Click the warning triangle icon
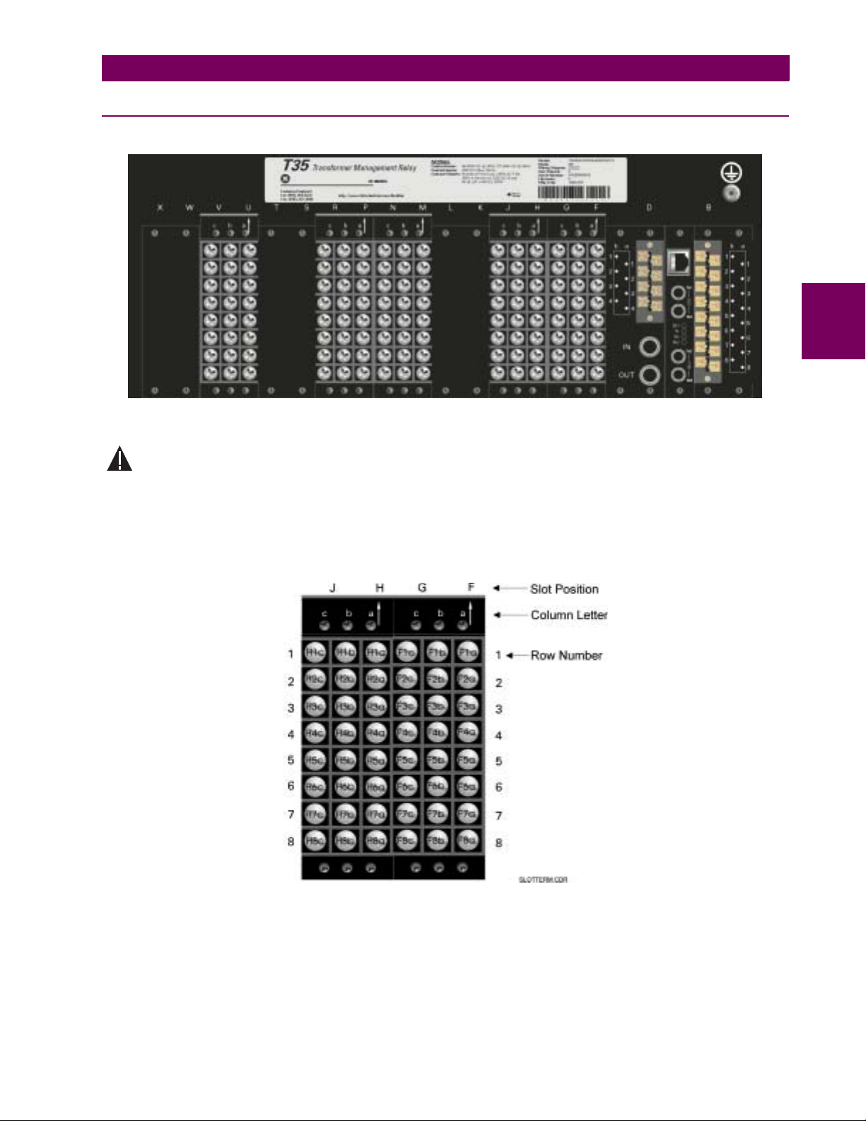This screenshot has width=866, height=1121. click(x=119, y=459)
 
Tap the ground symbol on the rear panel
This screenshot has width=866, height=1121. click(x=730, y=173)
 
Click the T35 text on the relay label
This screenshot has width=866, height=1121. click(x=296, y=165)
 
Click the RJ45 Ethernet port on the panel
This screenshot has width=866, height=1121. click(x=679, y=262)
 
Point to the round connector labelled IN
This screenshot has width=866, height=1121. click(x=649, y=347)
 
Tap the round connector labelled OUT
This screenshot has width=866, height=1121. click(x=649, y=374)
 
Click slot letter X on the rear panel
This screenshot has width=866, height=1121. click(x=160, y=207)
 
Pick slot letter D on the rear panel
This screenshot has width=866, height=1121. click(x=649, y=207)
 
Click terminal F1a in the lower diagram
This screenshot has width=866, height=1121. click(x=467, y=652)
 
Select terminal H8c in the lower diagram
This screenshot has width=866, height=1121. click(x=315, y=840)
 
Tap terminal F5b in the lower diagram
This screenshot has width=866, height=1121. click(x=437, y=760)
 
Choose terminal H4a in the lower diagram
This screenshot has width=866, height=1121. click(x=376, y=733)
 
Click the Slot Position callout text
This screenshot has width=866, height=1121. click(x=564, y=589)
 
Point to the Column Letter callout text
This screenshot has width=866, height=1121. click(x=569, y=615)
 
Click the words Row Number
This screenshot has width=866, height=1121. click(x=566, y=656)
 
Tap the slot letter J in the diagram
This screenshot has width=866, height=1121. click(x=332, y=588)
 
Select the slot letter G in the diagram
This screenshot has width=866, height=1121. click(x=422, y=588)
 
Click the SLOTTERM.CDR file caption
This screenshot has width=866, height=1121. click(x=543, y=880)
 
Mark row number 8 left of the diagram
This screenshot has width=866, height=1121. click(x=291, y=842)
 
